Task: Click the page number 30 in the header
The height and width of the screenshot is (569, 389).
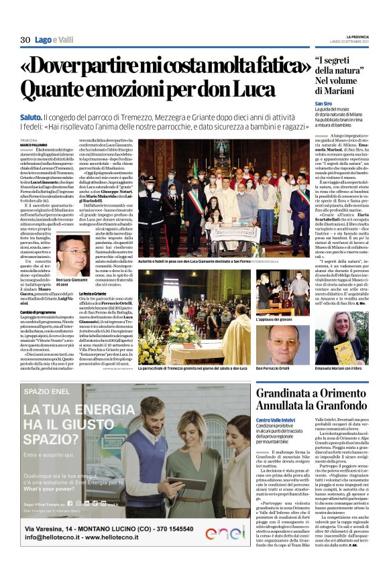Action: tap(25, 40)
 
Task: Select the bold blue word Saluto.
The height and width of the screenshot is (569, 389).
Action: tap(31, 117)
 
